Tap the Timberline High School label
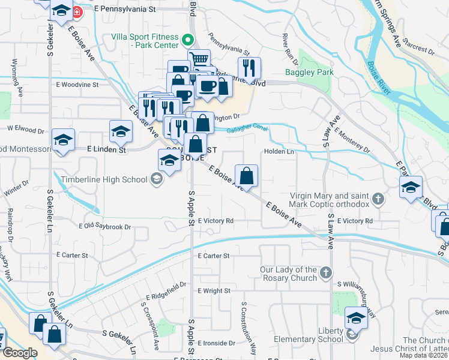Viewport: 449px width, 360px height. [104, 179]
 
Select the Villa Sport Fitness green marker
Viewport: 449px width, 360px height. [187, 41]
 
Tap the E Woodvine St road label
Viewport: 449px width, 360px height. [77, 85]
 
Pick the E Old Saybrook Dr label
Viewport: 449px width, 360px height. [104, 226]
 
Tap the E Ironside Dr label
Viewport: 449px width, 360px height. [216, 343]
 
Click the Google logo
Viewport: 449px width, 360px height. [20, 353]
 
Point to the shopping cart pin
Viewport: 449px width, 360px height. [199, 59]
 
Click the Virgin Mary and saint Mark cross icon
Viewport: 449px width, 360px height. [378, 199]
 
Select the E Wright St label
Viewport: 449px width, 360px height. [214, 291]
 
